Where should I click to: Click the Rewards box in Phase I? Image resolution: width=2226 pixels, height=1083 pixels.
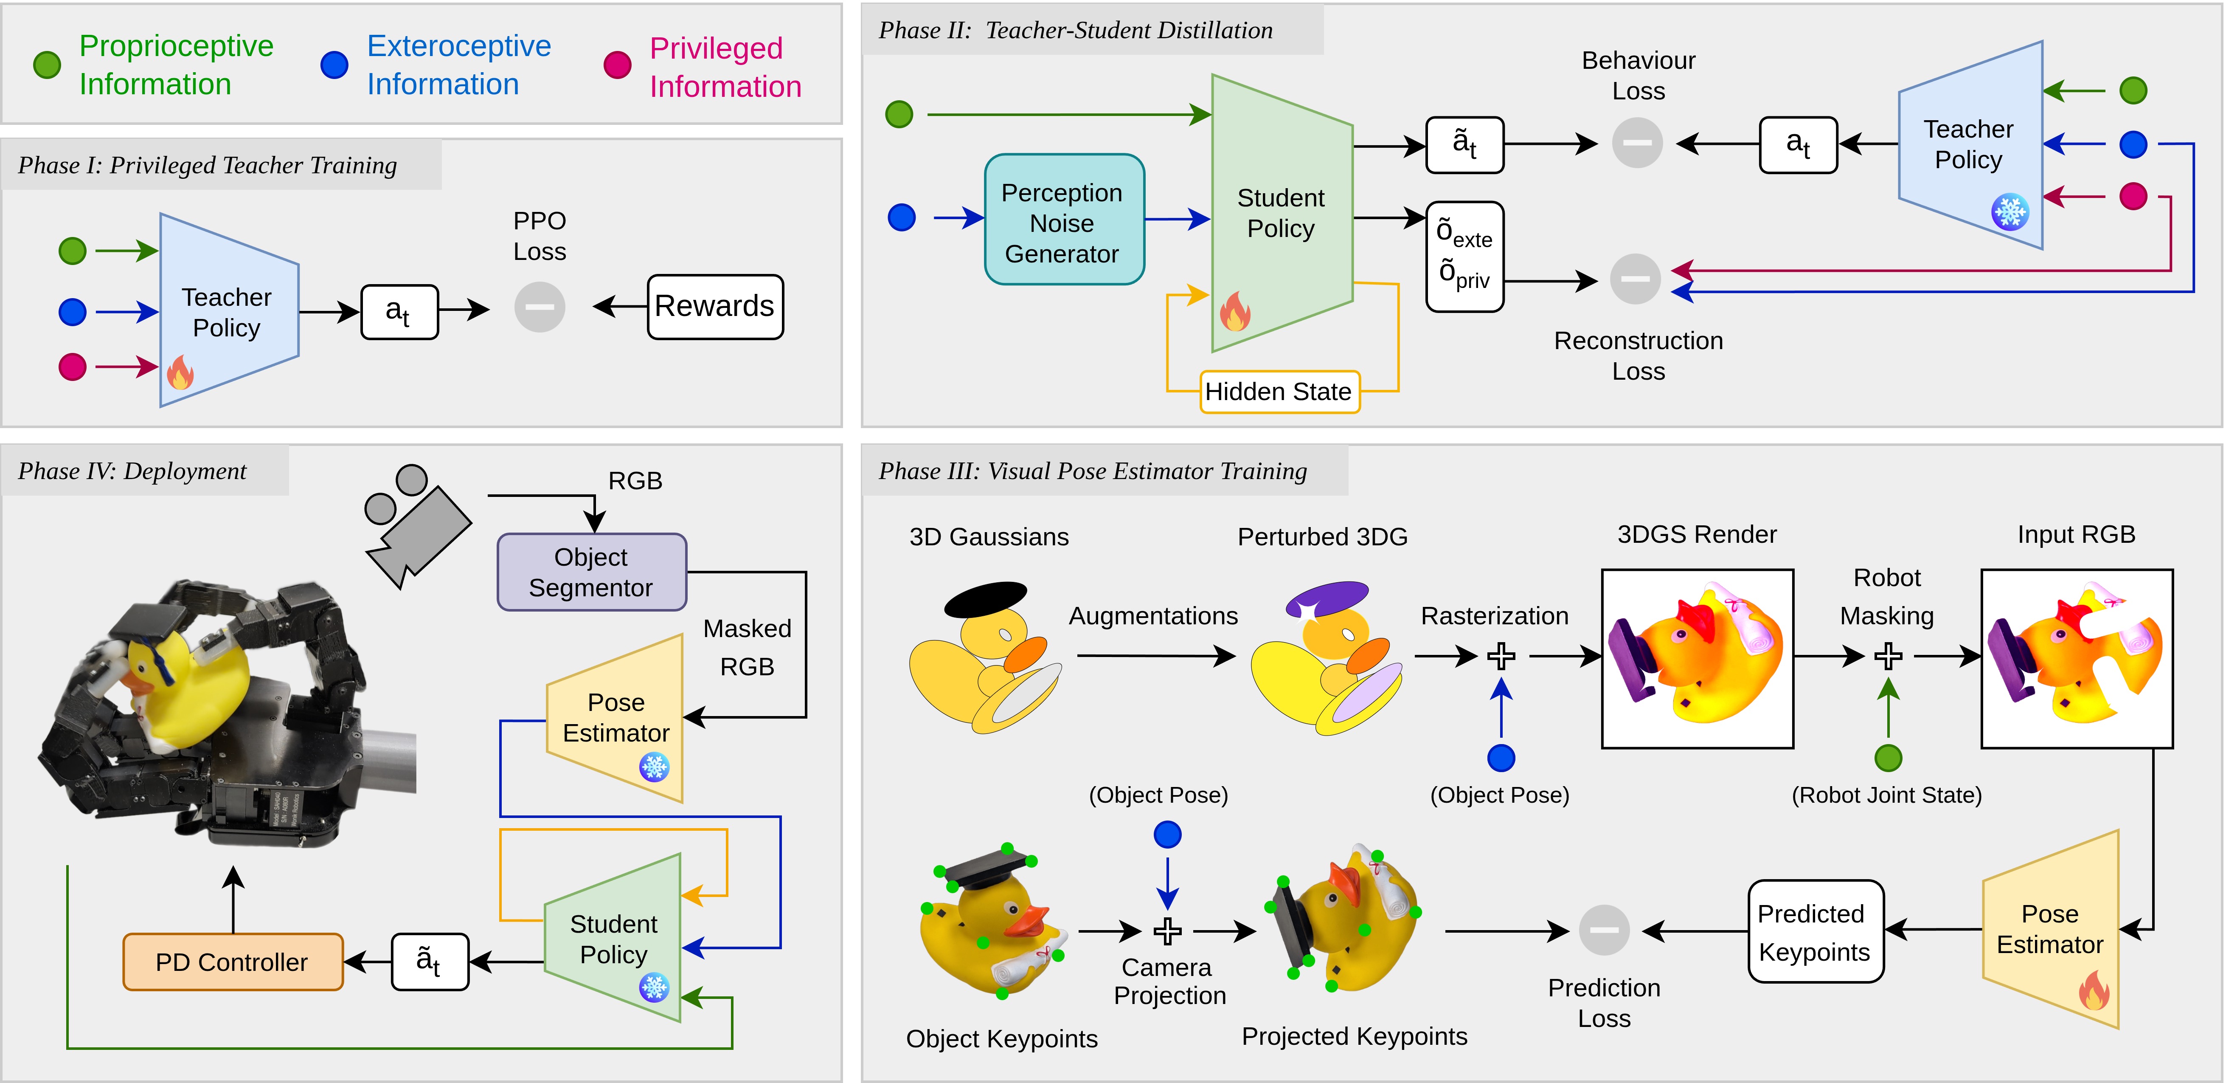click(715, 307)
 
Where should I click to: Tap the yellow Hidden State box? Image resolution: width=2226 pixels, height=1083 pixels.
click(1279, 392)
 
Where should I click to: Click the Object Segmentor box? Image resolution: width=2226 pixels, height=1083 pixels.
click(591, 572)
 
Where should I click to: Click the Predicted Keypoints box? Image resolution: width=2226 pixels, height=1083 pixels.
click(1815, 932)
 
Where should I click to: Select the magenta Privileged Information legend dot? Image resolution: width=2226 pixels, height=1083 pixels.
click(617, 65)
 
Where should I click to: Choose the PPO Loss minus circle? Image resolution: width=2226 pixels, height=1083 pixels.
click(539, 307)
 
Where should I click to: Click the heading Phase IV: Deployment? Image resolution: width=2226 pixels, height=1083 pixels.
click(132, 471)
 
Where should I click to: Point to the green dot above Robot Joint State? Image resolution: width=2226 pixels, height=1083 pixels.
click(1888, 758)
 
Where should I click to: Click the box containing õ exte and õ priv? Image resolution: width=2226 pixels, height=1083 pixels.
click(1465, 257)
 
